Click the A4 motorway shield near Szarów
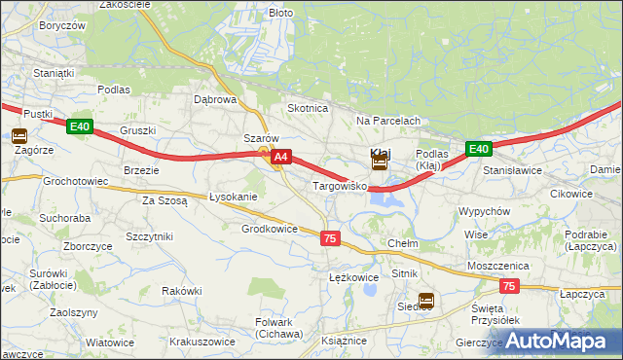[280, 156]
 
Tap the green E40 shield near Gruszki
[80, 126]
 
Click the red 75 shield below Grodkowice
[330, 238]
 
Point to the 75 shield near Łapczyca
[509, 286]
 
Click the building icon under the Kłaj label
[380, 164]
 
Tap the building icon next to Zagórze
[20, 137]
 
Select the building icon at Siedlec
[425, 301]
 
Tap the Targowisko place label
[338, 185]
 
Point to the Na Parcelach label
[387, 121]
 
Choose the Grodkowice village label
[269, 229]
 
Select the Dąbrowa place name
[215, 99]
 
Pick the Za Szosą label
[165, 200]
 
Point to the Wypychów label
[484, 211]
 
